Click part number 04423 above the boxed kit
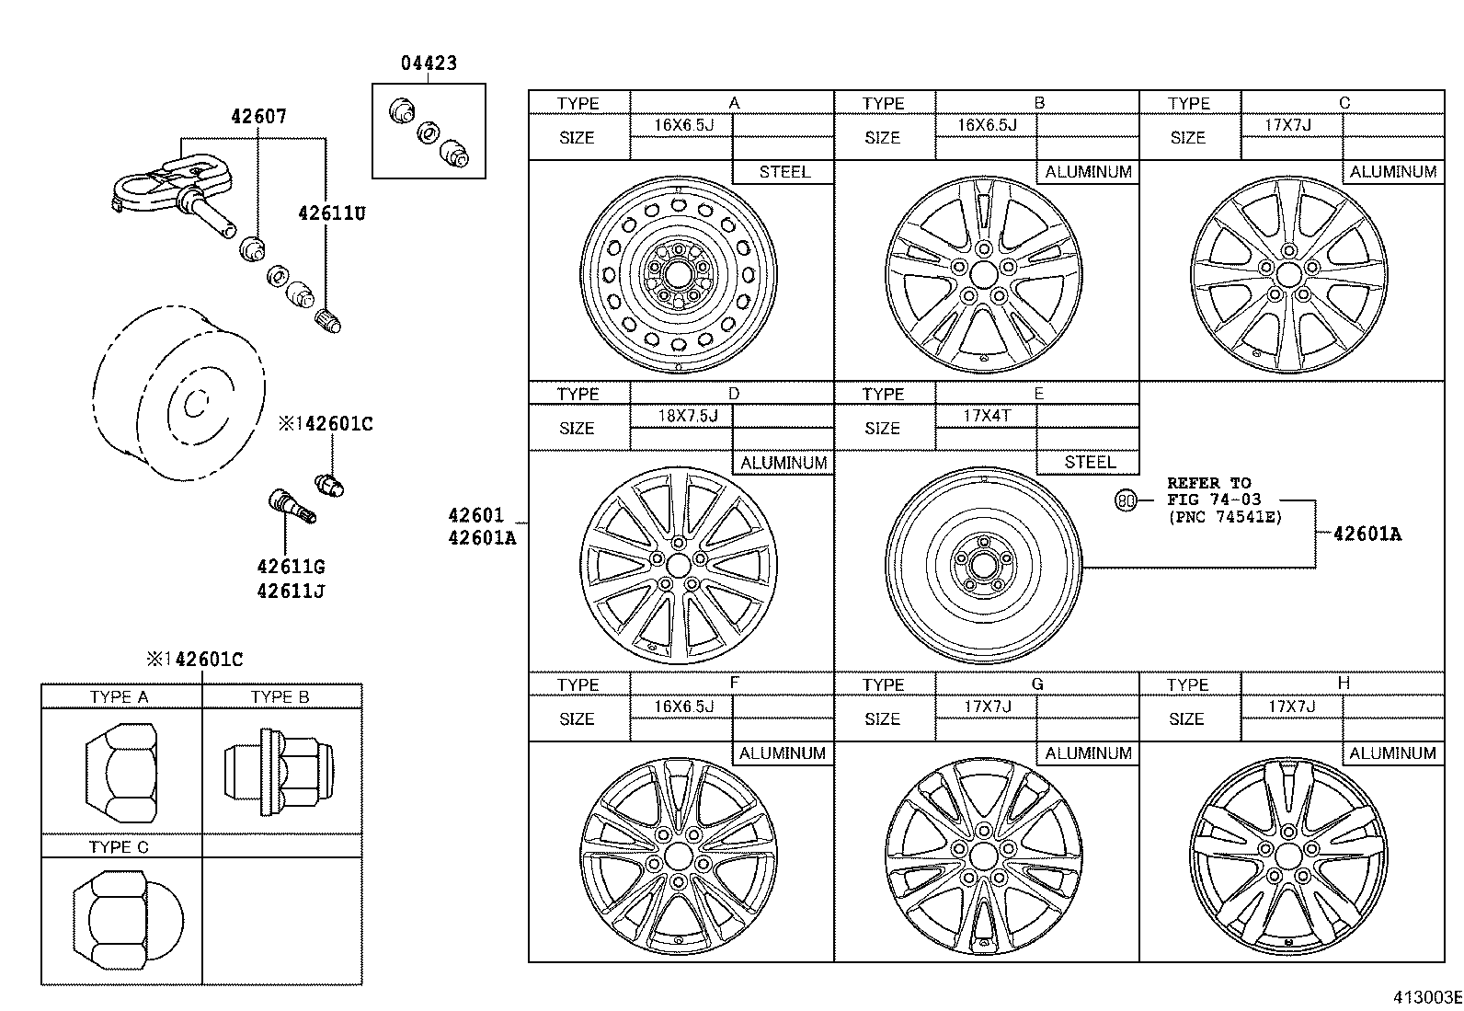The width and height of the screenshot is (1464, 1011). click(429, 63)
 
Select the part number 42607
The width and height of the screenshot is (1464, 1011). click(258, 117)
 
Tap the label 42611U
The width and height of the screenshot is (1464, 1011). click(332, 213)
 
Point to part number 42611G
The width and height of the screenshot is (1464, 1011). click(291, 567)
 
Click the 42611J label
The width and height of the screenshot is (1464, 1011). click(291, 592)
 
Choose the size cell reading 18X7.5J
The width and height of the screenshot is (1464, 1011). click(688, 416)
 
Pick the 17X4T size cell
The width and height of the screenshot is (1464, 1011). click(987, 415)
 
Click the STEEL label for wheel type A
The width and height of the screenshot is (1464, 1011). click(784, 172)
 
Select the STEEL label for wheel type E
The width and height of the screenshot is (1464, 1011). click(1090, 463)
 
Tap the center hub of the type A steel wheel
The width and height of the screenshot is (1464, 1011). click(679, 272)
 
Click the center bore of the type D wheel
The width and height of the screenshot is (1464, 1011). click(679, 564)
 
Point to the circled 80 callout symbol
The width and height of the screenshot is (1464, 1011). click(1126, 501)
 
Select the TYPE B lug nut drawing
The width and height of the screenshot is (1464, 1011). click(280, 772)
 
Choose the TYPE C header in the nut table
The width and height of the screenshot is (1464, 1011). click(119, 847)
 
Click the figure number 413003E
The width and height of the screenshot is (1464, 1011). click(1428, 997)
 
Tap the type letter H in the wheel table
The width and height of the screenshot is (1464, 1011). click(1344, 683)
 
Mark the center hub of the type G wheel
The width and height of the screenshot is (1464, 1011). click(984, 856)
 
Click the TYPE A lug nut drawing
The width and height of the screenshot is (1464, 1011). click(121, 773)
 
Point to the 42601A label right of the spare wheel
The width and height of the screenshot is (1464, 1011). click(1367, 534)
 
